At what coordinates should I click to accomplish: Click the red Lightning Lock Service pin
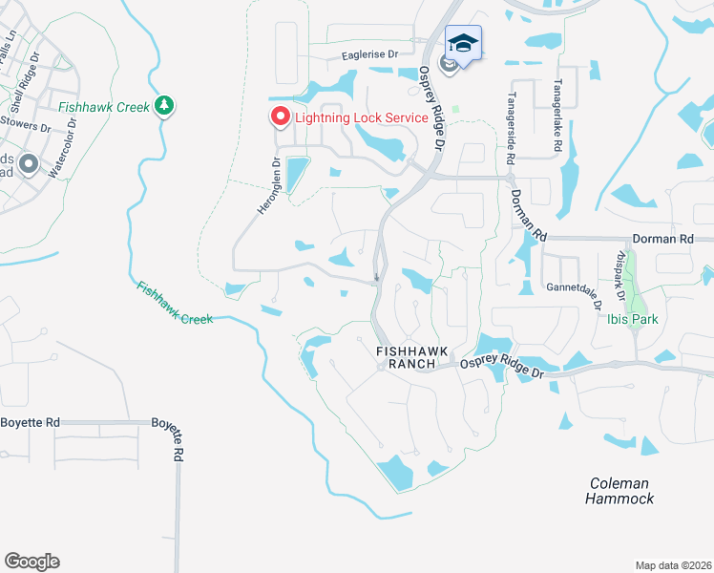(281, 117)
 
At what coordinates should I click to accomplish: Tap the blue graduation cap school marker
(463, 44)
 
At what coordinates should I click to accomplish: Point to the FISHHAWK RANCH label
(407, 357)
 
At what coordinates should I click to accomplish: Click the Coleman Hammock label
(619, 491)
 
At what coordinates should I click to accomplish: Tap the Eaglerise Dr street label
(368, 57)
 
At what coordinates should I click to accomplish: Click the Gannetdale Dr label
(570, 286)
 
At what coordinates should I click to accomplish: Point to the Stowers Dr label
(26, 124)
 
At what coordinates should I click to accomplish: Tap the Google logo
(31, 562)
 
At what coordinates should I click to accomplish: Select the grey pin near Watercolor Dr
(28, 165)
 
